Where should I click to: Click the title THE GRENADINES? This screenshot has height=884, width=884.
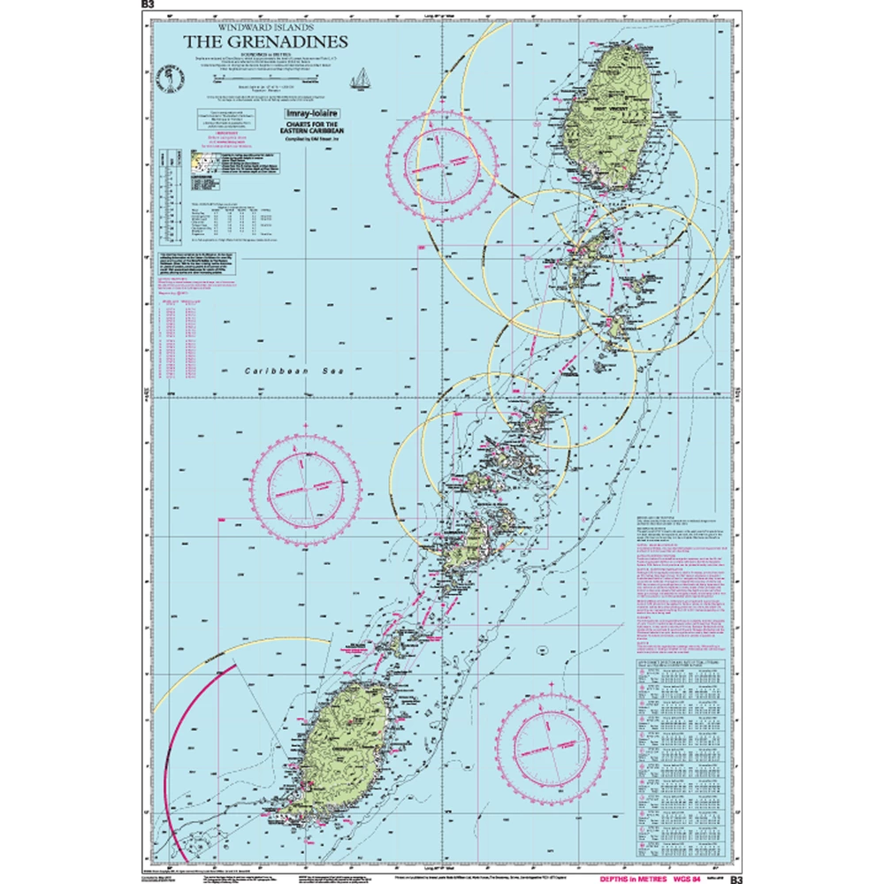coord(264,42)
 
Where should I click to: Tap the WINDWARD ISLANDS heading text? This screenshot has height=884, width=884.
coord(264,27)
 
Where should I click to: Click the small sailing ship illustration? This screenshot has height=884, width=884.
coord(361,80)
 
